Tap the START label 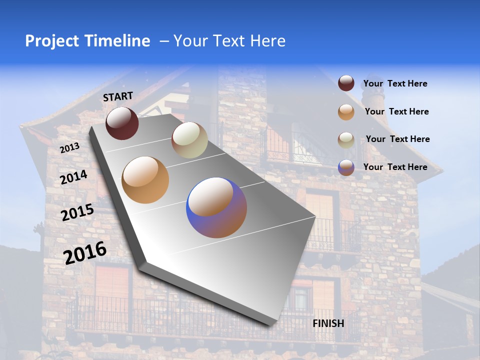coord(118,96)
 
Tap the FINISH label coord(328,323)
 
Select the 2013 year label coord(69,148)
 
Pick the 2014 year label coord(74,177)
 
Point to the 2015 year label coord(77,212)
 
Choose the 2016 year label coord(85,252)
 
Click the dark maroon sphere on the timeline coord(122,123)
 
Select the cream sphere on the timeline coord(189,140)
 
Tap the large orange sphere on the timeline coord(145,180)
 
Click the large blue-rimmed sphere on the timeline coord(216,207)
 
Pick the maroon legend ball coord(346,83)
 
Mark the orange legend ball coord(346,112)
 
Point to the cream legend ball coord(346,140)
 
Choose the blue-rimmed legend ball coord(346,167)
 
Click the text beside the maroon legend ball coord(395,84)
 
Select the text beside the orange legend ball coord(396,111)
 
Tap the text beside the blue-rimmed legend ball coord(395,167)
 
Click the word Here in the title coord(267,41)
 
